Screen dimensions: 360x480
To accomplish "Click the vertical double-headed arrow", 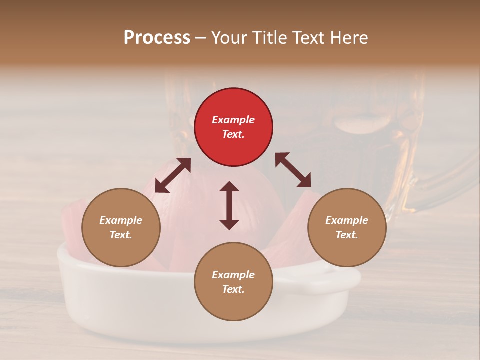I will (x=229, y=205).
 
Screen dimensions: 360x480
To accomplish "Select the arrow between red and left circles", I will (x=173, y=175).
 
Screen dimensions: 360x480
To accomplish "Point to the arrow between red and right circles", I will (x=293, y=170).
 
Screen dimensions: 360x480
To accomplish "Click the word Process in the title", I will (x=157, y=38).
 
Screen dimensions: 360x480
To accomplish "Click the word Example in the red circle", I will (x=233, y=120).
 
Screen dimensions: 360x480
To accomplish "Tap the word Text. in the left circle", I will (x=121, y=235).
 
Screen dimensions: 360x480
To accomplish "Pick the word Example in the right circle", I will (x=347, y=220).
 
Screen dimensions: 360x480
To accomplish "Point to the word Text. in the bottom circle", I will (x=233, y=289).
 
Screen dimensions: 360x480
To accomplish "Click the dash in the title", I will (x=201, y=38).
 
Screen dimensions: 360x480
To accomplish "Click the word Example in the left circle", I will (x=121, y=220).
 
